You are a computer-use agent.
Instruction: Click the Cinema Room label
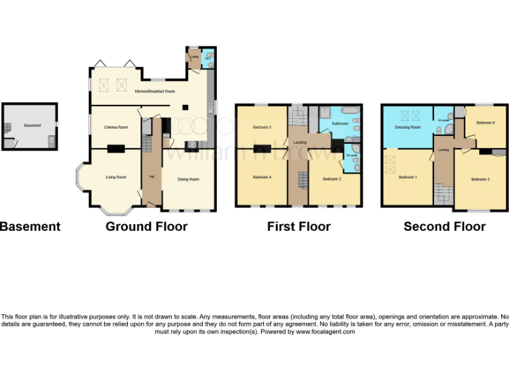pos(116,127)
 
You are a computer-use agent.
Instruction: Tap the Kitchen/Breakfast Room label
pos(155,91)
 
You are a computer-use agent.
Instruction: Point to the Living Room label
pos(116,177)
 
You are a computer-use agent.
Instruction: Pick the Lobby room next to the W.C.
pos(195,58)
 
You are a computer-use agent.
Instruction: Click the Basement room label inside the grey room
pos(32,125)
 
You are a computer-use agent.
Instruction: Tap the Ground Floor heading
pos(146,227)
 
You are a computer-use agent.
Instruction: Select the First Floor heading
pos(298,227)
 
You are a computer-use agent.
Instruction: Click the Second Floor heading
pos(444,227)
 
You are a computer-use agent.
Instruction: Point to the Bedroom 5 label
pos(262,127)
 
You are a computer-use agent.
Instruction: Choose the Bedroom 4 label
pos(262,177)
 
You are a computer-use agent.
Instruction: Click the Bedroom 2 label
pos(332,179)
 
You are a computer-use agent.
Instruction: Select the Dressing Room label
pos(408,127)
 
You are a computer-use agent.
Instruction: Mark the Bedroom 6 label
pos(485,123)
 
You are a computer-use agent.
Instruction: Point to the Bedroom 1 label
pos(408,177)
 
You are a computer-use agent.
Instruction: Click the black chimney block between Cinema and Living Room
pos(117,149)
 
